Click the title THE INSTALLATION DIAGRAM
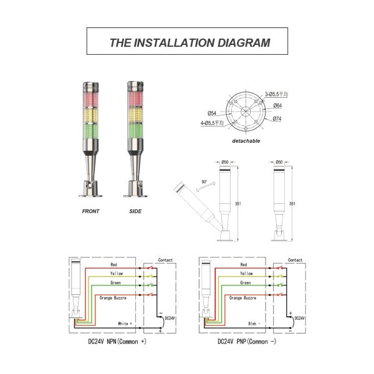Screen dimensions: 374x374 189,43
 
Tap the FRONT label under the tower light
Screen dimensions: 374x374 91,211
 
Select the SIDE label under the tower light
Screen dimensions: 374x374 135,211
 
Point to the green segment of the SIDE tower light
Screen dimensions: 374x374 135,132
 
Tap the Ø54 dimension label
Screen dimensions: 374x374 212,113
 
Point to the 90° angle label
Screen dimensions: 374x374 204,181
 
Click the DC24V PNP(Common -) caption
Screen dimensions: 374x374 248,342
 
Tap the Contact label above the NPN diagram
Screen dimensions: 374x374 166,259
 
